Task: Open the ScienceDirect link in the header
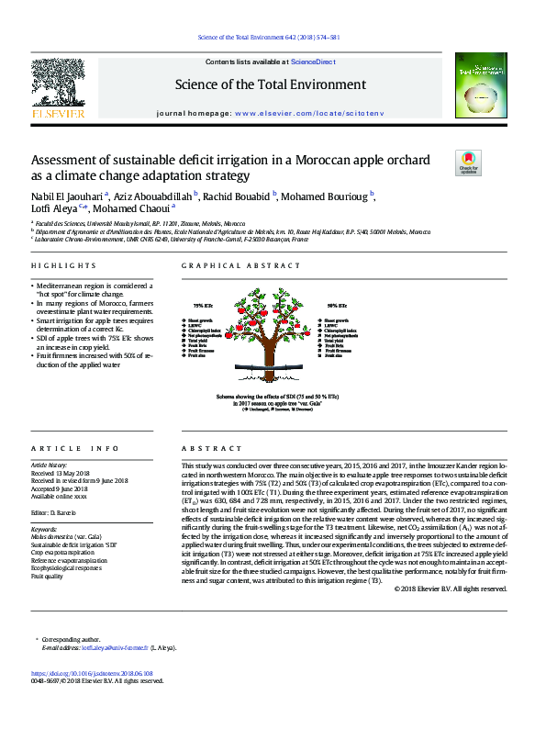(313, 61)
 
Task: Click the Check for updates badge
(468, 163)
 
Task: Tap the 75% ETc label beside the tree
(204, 305)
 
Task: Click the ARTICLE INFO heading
(75, 448)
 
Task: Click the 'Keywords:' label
(44, 530)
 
